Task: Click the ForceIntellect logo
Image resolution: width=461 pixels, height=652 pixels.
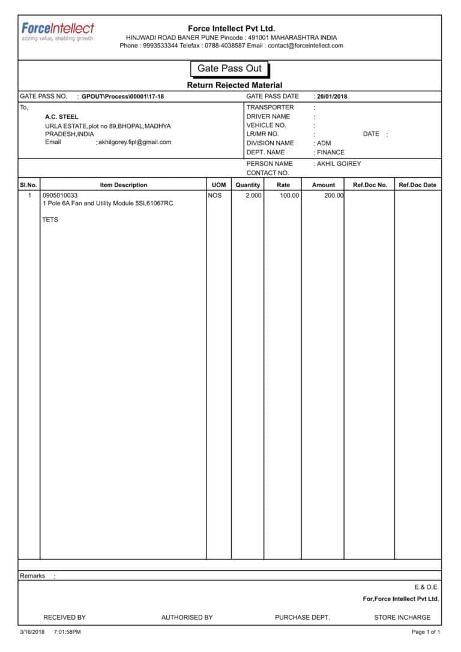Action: pyautogui.click(x=58, y=31)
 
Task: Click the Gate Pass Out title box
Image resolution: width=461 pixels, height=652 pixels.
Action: pyautogui.click(x=229, y=68)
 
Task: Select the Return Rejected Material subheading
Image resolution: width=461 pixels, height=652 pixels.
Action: pyautogui.click(x=234, y=85)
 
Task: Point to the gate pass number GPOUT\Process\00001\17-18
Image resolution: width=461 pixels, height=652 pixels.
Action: pyautogui.click(x=122, y=97)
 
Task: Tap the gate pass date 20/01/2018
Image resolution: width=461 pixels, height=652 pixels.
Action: pyautogui.click(x=332, y=97)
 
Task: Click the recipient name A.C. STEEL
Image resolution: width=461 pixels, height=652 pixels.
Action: pyautogui.click(x=61, y=117)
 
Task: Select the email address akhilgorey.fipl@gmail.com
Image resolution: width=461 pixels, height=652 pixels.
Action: pyautogui.click(x=134, y=142)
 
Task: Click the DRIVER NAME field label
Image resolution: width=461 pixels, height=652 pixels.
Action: pyautogui.click(x=268, y=116)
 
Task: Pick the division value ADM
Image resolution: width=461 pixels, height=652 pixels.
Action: pyautogui.click(x=324, y=143)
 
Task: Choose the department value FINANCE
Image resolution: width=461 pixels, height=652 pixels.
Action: pyautogui.click(x=331, y=152)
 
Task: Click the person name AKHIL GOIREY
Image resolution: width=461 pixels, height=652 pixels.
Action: pyautogui.click(x=339, y=164)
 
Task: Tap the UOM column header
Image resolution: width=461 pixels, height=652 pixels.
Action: pyautogui.click(x=218, y=185)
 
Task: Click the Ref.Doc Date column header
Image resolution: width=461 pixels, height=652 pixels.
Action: pyautogui.click(x=417, y=185)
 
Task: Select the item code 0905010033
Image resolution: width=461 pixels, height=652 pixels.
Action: pyautogui.click(x=60, y=196)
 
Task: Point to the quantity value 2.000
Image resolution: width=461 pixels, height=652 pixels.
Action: pyautogui.click(x=253, y=196)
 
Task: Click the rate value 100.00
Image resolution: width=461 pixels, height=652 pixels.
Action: pyautogui.click(x=289, y=196)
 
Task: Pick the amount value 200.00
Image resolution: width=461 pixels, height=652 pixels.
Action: pyautogui.click(x=334, y=196)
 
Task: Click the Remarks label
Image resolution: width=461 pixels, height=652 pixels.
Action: pyautogui.click(x=32, y=576)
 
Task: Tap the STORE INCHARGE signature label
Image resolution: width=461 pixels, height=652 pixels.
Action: pyautogui.click(x=402, y=617)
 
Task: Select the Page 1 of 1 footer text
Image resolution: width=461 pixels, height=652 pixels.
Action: pyautogui.click(x=426, y=632)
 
